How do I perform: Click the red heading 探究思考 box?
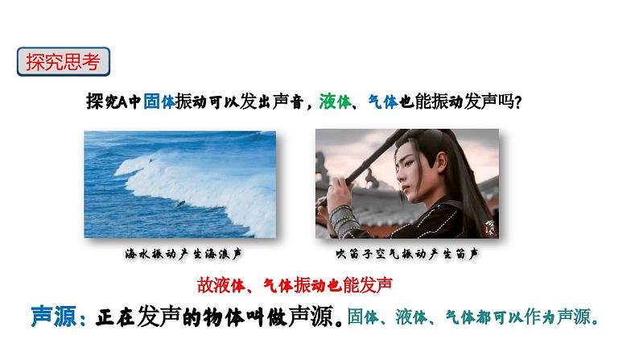(x=63, y=61)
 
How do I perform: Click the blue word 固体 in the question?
(x=159, y=101)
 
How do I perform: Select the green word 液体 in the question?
(x=335, y=101)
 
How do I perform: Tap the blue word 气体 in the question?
(x=382, y=101)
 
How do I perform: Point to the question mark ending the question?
(x=518, y=102)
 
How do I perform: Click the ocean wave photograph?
(x=179, y=184)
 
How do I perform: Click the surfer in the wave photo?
(x=180, y=203)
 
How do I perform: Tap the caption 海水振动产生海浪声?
(x=183, y=254)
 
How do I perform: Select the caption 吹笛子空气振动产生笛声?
(x=406, y=254)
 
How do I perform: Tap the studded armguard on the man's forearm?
(x=344, y=221)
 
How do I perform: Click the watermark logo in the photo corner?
(x=490, y=228)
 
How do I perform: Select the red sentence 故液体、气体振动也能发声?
(x=295, y=285)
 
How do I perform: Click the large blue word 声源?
(x=54, y=317)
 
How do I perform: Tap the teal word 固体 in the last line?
(x=363, y=317)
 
